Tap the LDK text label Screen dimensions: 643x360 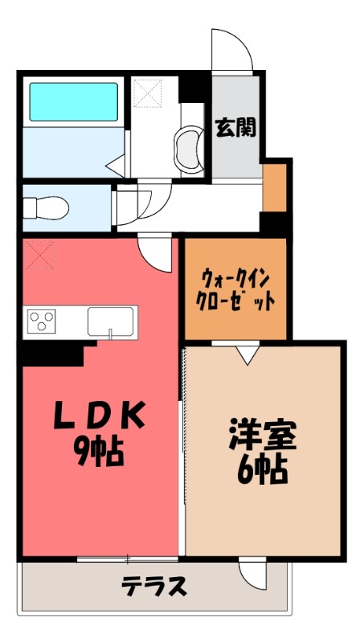(x=100, y=416)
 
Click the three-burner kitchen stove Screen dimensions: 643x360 (x=43, y=321)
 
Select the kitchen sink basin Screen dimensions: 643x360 (x=108, y=321)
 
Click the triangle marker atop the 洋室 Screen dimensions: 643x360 (x=247, y=353)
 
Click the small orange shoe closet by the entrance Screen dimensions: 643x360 (x=274, y=186)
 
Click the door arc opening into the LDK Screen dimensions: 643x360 (x=156, y=256)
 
